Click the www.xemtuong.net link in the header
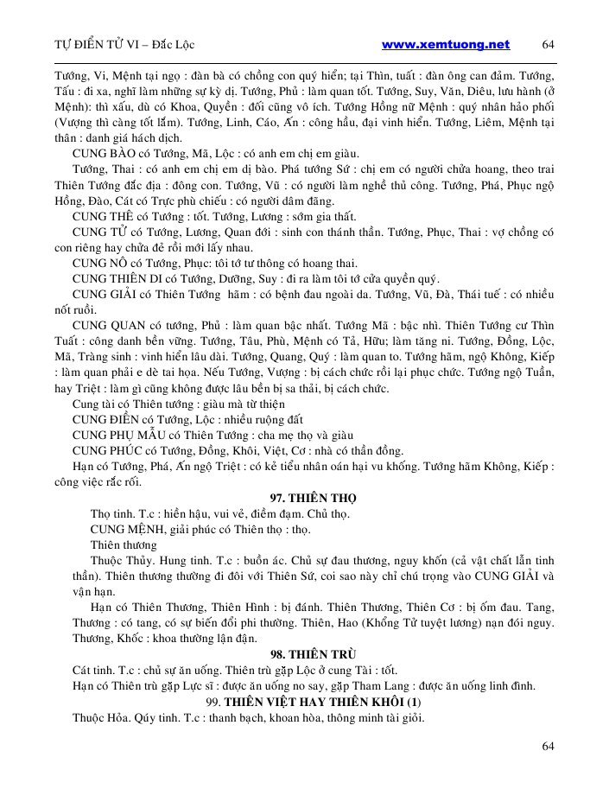[x=446, y=45]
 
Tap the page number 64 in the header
[x=548, y=45]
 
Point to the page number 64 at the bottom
[x=548, y=746]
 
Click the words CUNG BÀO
[x=100, y=152]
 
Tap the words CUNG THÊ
[x=99, y=216]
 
